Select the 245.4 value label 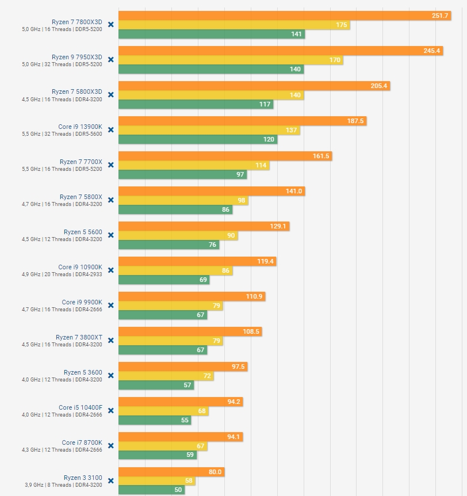(432, 51)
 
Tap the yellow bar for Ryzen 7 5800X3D (211, 95)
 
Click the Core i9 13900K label (80, 127)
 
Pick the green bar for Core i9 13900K (198, 139)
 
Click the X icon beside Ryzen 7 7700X (111, 165)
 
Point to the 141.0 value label (294, 191)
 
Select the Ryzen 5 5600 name (83, 232)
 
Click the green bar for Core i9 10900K (164, 280)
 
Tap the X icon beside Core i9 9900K (111, 305)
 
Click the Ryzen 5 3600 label (83, 372)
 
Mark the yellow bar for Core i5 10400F (163, 411)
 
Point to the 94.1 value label (233, 437)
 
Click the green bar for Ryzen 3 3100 (151, 490)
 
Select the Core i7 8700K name (81, 442)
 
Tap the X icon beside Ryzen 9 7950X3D (111, 59)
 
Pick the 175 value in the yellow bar (341, 25)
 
